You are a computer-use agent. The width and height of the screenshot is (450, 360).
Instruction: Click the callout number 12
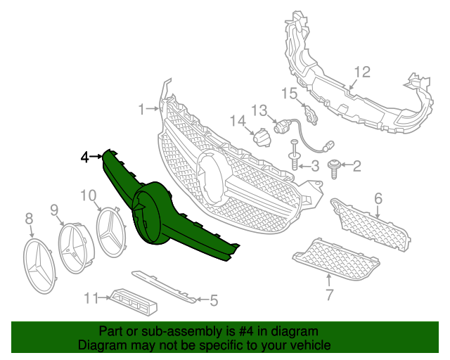coord(361,72)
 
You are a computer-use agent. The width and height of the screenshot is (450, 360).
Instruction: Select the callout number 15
coord(290,94)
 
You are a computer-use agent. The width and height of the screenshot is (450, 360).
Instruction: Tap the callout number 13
coord(259,110)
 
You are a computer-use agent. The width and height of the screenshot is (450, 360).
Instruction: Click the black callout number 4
coord(84,157)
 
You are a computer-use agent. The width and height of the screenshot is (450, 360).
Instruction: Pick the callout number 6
coord(378,199)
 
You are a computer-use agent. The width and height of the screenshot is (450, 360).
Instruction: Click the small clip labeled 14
coord(262,138)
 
